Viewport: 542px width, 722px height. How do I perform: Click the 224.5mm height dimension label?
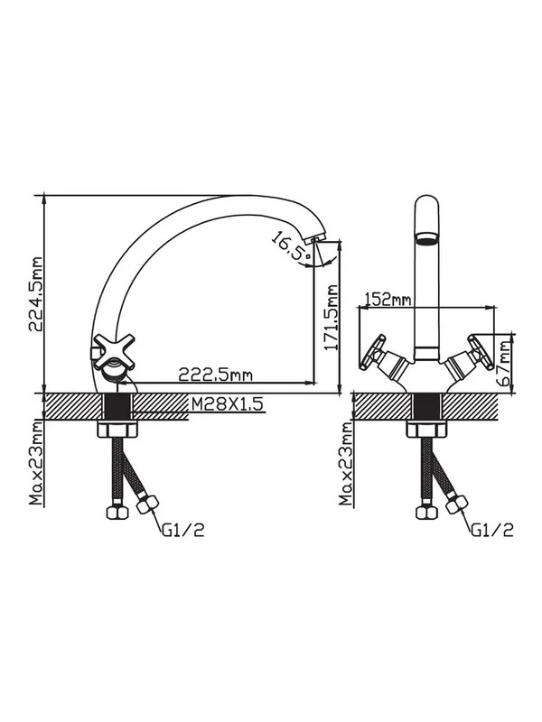35,294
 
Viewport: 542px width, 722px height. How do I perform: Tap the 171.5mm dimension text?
332,318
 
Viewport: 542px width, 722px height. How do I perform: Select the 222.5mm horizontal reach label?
216,375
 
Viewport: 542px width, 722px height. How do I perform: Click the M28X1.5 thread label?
227,403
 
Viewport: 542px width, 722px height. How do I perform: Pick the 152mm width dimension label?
388,299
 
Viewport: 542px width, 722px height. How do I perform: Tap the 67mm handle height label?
506,364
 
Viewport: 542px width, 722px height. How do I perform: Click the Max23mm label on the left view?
35,462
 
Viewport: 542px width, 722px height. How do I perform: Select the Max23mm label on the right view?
345,463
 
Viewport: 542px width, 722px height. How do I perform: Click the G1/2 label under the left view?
183,531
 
